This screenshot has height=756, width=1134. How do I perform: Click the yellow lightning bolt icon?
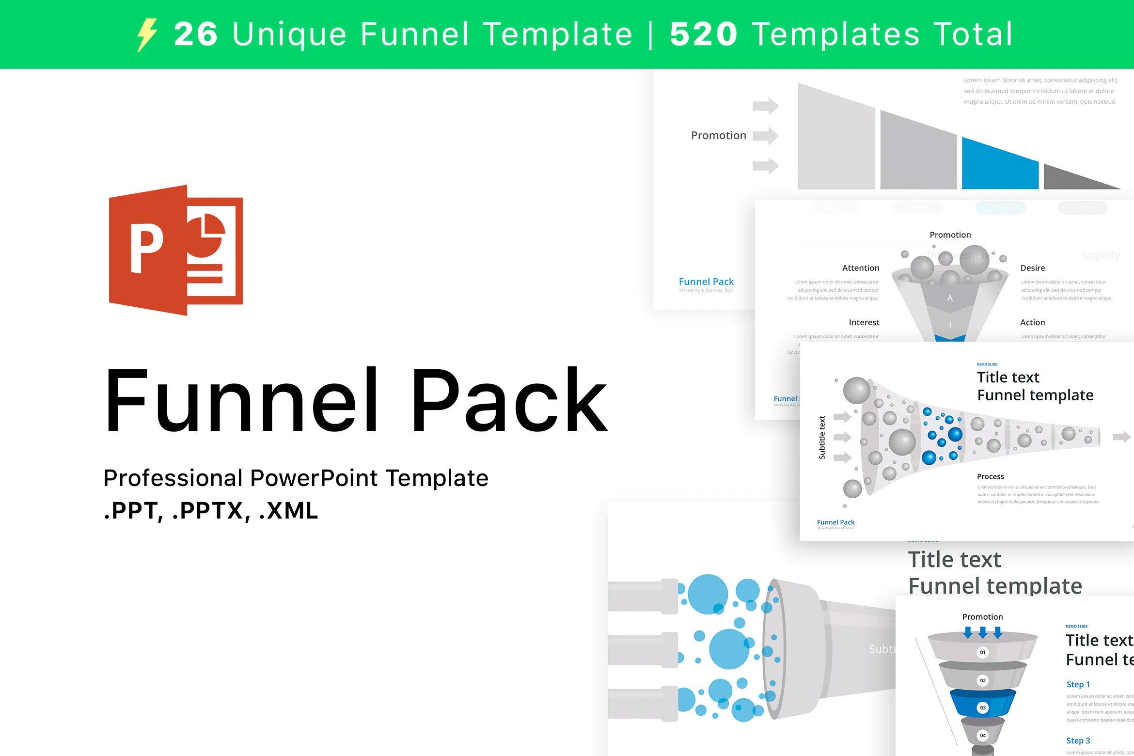tap(147, 35)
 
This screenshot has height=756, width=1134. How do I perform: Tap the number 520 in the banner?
tap(703, 34)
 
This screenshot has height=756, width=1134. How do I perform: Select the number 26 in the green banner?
tap(196, 34)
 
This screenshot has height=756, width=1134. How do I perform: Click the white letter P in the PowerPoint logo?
tap(146, 249)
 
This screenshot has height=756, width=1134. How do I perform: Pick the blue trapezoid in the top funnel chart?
tap(999, 166)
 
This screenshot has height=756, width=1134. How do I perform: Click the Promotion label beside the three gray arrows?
tap(718, 136)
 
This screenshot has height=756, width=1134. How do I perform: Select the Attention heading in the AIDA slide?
tap(860, 268)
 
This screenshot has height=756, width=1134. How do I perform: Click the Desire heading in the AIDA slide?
tap(1032, 268)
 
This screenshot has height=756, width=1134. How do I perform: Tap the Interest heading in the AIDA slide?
tap(864, 322)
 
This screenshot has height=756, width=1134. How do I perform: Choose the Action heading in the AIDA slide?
tap(1032, 322)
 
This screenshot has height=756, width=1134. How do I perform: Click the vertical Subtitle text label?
tap(822, 437)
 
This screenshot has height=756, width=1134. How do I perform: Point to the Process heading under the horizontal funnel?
tap(990, 476)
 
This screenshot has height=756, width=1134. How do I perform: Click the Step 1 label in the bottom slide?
tap(1078, 684)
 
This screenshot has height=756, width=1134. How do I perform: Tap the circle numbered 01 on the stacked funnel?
tap(982, 652)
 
